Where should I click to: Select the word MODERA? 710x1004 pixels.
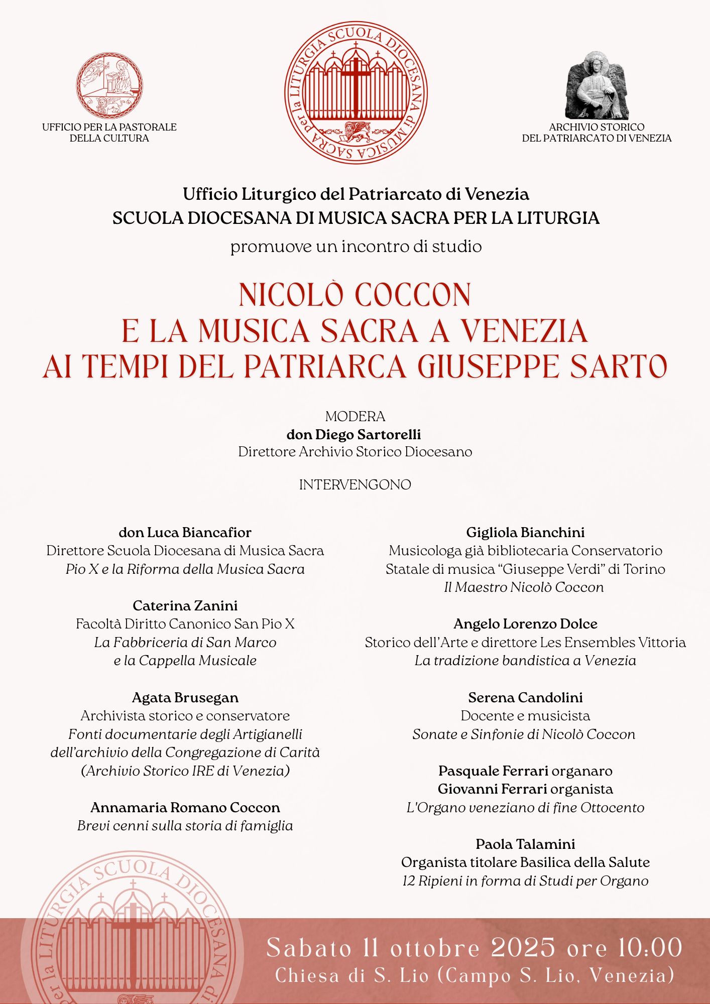point(355,416)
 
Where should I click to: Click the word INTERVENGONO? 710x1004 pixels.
point(355,484)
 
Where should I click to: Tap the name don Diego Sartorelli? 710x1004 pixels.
point(353,434)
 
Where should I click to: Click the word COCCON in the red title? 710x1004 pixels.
point(413,295)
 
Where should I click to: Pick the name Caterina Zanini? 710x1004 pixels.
point(185,605)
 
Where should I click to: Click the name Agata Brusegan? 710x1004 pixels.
point(185,697)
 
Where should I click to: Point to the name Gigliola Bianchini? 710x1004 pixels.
point(525,532)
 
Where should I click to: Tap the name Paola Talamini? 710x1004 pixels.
point(525,844)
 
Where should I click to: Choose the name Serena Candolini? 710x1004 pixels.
point(525,697)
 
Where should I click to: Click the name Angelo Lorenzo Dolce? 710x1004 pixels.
point(525,624)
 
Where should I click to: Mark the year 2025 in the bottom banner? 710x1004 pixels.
point(523,948)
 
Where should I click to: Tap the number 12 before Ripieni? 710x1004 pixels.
point(410,881)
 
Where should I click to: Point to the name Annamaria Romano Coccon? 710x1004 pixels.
point(185,807)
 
